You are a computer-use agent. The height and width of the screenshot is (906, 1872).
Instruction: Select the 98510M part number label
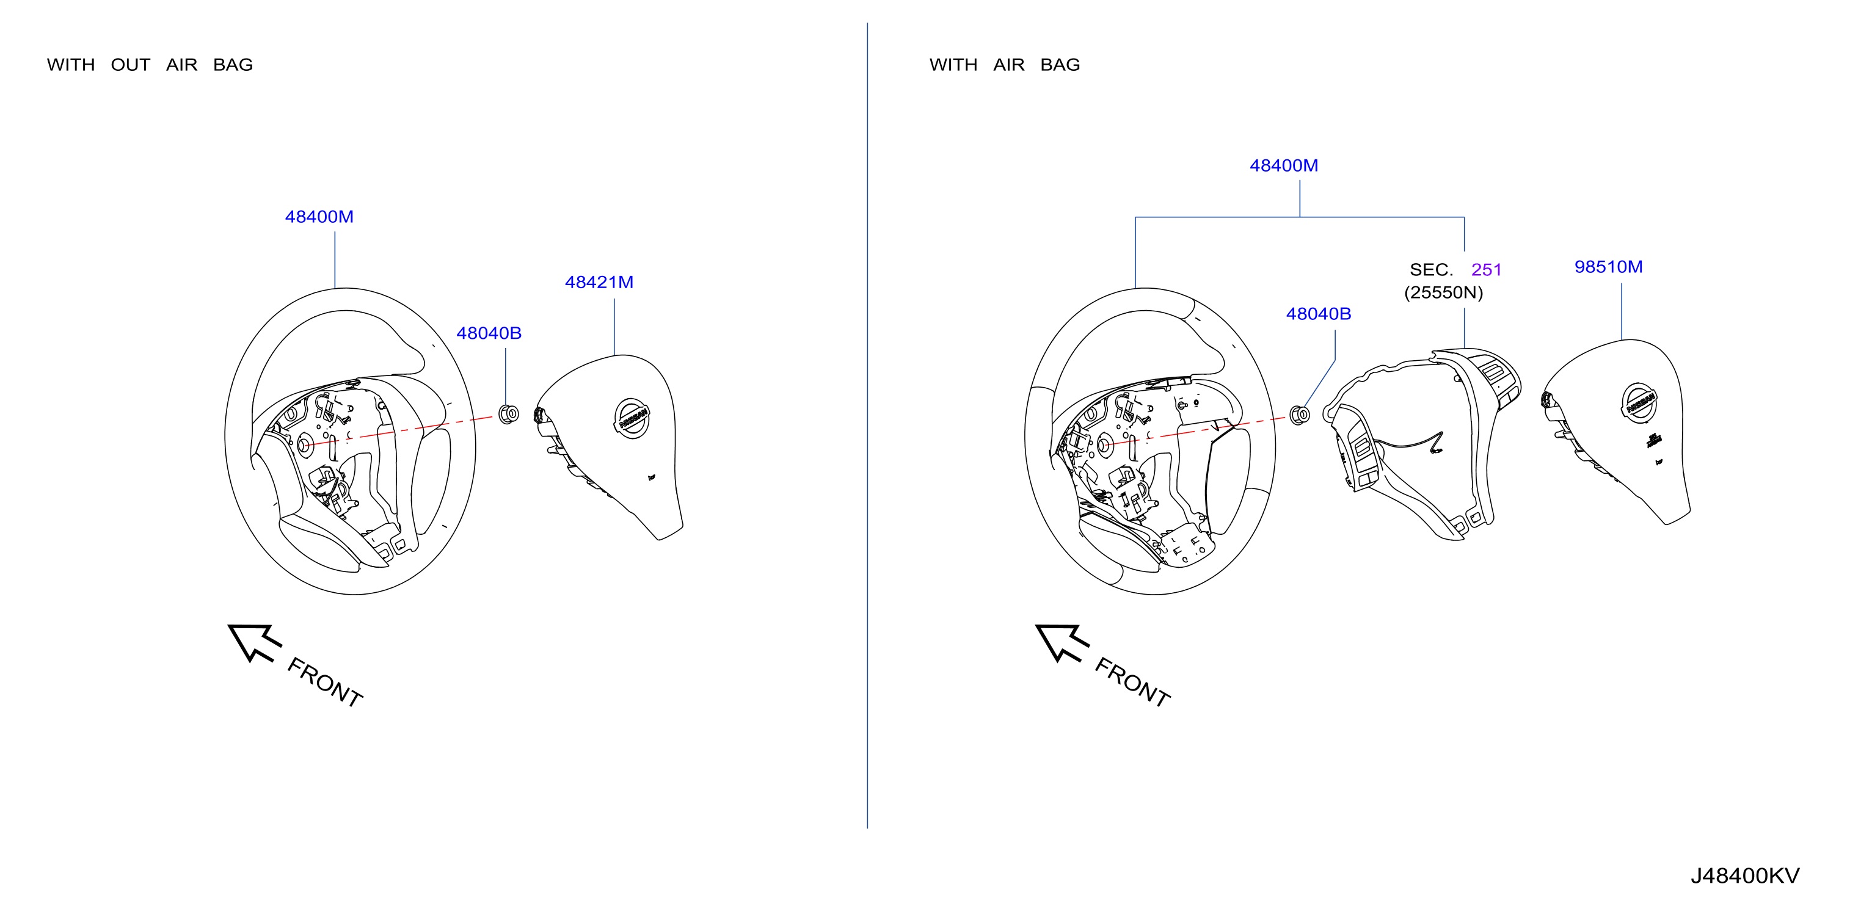(1608, 267)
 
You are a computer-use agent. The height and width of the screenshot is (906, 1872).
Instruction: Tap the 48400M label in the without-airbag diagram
(319, 217)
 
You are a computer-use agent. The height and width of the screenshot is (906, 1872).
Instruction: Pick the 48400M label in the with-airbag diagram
(1283, 165)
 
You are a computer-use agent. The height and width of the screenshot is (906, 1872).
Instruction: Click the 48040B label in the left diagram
(489, 333)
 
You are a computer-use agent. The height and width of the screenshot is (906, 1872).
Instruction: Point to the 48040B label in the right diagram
(1318, 314)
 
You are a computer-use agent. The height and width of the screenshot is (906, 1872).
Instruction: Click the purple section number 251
(1486, 270)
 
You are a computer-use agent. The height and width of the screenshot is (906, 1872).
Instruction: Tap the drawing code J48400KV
(1745, 875)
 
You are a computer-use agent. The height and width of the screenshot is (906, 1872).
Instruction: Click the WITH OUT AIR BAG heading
(150, 65)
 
